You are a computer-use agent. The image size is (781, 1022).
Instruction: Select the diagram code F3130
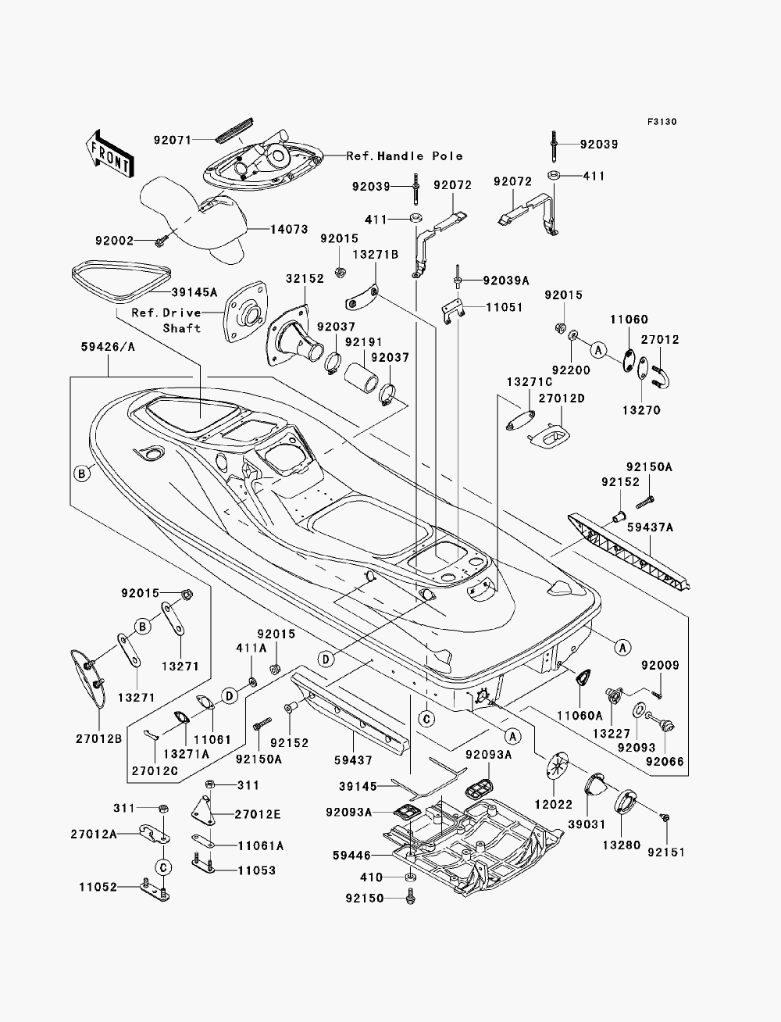click(662, 122)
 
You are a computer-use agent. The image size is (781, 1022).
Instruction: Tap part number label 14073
click(289, 229)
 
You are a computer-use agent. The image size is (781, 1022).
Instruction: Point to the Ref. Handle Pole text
click(405, 156)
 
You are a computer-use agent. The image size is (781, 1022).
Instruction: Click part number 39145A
click(194, 292)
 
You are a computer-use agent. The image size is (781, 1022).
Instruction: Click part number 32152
click(305, 278)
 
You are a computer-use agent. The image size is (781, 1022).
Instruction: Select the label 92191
click(363, 341)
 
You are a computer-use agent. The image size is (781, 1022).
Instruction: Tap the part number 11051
click(505, 307)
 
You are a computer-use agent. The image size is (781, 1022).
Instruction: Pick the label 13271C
click(530, 382)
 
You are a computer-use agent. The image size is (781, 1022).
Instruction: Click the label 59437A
click(651, 527)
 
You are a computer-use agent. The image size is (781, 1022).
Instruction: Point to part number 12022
click(554, 804)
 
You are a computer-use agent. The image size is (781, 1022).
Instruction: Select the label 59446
click(352, 856)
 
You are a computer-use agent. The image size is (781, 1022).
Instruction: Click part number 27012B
click(98, 738)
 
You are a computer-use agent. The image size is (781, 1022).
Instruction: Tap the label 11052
click(98, 887)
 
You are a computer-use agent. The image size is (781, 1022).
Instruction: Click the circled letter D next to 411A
click(230, 696)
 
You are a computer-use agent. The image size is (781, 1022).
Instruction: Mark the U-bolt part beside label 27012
click(662, 377)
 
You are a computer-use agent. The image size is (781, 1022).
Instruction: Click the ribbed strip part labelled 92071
click(234, 130)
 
